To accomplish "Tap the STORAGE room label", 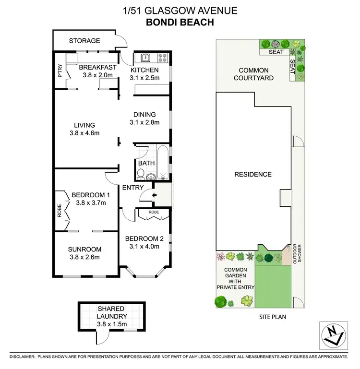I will [84, 41].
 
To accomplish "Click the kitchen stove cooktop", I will [162, 59].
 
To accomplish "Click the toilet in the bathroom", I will [150, 176].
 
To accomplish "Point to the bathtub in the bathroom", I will [163, 163].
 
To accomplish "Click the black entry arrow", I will [153, 195].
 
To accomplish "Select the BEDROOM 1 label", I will [91, 195].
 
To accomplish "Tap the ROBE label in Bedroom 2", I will [153, 212].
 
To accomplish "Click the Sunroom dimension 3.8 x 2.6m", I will [84, 257].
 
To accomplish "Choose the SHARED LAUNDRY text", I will [111, 312].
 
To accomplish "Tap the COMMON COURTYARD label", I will [253, 74].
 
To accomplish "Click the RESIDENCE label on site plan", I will [252, 174].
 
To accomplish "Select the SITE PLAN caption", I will [271, 317].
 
